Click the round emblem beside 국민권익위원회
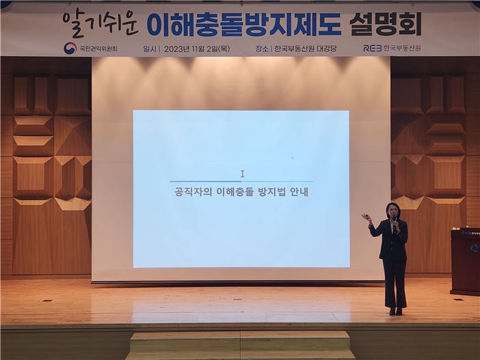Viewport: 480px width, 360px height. [70, 49]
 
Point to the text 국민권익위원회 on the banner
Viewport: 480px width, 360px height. [98, 49]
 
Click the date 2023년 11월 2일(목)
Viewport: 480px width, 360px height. [198, 49]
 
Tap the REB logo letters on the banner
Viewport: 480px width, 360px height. [373, 49]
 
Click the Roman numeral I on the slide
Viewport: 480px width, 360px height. [242, 174]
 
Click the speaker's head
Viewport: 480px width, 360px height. [393, 209]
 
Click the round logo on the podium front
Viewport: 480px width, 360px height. [474, 248]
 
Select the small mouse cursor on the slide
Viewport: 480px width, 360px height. [292, 158]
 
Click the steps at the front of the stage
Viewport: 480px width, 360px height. [241, 345]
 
